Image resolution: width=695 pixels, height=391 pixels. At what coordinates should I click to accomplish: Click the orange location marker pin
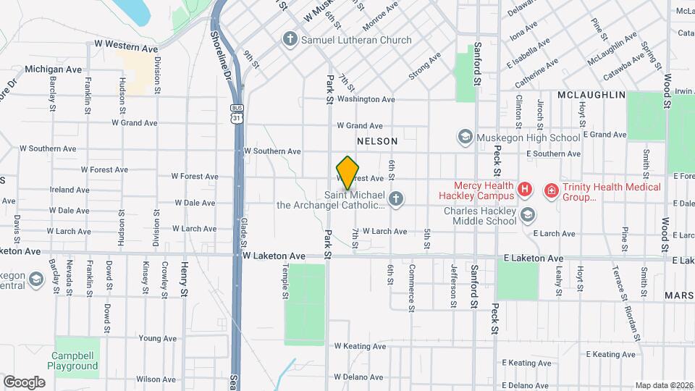(347, 173)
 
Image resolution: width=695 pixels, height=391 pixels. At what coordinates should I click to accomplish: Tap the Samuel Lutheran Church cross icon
(290, 40)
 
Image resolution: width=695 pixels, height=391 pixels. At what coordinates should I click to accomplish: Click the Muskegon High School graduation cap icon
(464, 137)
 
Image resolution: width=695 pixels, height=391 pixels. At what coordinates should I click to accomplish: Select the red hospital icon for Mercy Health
(526, 190)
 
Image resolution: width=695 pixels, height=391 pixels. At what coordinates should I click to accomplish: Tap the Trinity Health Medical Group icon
(551, 190)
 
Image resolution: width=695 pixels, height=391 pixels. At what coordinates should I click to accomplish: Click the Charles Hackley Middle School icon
(528, 214)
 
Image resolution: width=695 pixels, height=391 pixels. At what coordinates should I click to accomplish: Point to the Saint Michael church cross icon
(396, 198)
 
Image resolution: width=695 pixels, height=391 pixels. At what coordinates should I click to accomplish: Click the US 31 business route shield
(236, 114)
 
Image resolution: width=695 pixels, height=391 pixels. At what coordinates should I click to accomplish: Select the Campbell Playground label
(75, 361)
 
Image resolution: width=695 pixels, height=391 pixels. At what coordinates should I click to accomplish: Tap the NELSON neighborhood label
(376, 141)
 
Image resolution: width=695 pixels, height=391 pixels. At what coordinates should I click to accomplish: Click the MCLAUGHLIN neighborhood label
(591, 96)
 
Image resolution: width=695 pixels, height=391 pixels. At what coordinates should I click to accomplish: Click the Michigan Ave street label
(54, 70)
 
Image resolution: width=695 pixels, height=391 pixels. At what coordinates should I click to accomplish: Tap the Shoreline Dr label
(220, 54)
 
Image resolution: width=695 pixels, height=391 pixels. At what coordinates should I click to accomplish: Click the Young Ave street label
(158, 338)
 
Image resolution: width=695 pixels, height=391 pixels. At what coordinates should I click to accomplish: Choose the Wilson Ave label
(156, 379)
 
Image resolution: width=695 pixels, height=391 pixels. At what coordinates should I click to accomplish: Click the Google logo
(24, 382)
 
